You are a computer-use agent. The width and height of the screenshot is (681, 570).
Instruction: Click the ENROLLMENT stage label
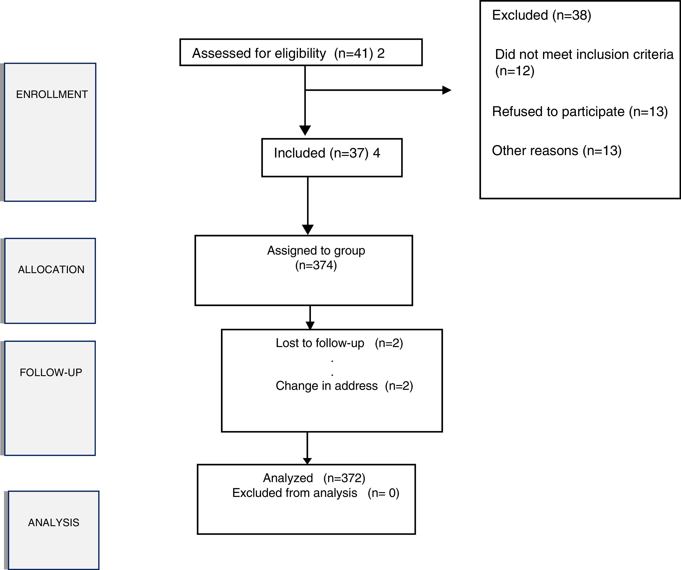tap(52, 94)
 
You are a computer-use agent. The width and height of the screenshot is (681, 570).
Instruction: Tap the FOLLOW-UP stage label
tap(51, 372)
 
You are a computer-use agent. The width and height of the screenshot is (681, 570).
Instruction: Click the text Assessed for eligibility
tap(259, 53)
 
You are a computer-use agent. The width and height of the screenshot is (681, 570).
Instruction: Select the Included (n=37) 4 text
tap(327, 153)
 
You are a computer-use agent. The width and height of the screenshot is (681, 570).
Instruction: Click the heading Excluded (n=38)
tap(541, 15)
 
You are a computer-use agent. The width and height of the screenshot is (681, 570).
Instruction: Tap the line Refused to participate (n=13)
tap(580, 111)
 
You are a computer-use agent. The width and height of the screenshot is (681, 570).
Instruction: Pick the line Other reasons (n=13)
tap(557, 151)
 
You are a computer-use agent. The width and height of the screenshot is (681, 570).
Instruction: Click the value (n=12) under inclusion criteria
tap(515, 71)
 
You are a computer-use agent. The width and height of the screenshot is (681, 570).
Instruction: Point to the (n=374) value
tap(316, 265)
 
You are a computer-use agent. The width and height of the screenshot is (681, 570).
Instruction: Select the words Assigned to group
tap(316, 250)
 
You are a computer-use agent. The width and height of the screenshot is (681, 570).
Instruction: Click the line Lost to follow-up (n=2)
tap(339, 343)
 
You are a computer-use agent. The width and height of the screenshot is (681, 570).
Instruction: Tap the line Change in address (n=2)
tap(344, 386)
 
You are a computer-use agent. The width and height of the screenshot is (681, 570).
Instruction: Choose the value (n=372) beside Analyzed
tap(344, 478)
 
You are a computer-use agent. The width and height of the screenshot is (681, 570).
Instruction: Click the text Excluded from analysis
tap(295, 493)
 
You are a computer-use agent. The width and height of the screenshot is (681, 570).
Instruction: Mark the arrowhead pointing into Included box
tap(305, 130)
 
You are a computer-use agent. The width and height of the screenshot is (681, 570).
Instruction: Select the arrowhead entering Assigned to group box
tap(307, 229)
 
